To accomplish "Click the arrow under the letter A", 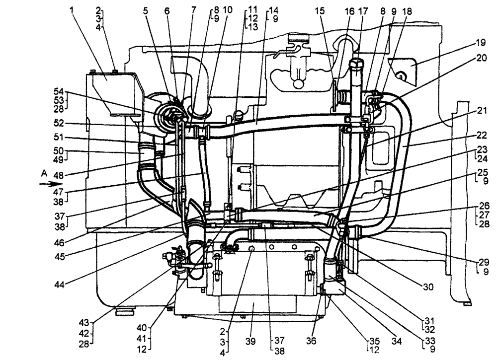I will (50, 183).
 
